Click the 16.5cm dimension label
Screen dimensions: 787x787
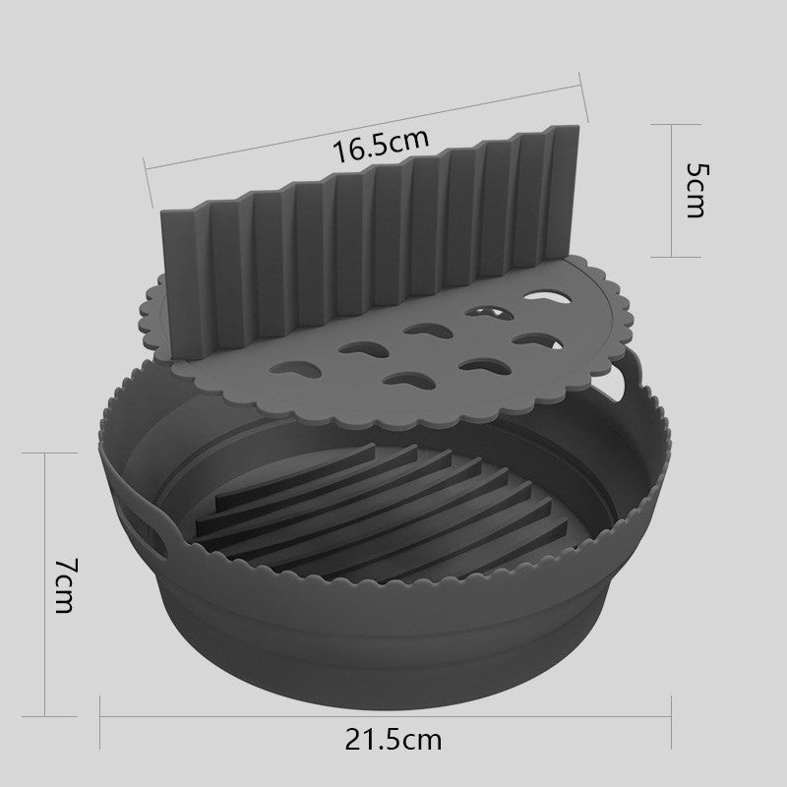point(381,146)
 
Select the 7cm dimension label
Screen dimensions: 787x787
point(66,584)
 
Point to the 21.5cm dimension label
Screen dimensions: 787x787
point(393,741)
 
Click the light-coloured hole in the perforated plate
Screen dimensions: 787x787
point(548,297)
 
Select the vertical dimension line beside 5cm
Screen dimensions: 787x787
point(672,191)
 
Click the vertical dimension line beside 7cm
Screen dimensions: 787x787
point(45,584)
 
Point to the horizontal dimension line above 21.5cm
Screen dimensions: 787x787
point(386,717)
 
